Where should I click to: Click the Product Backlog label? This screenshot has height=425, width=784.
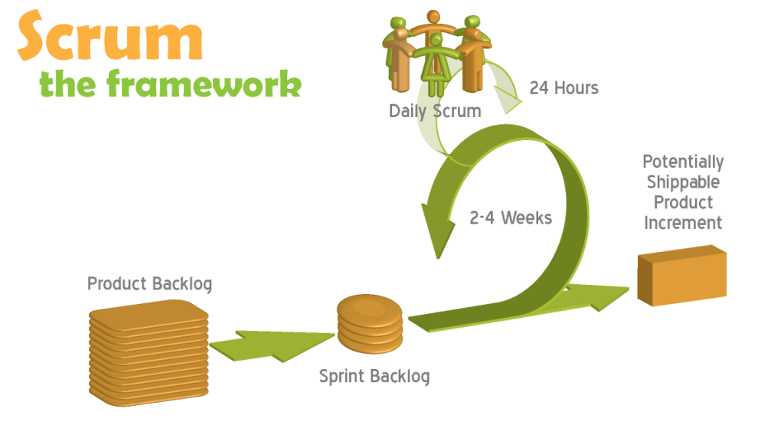[x=149, y=284]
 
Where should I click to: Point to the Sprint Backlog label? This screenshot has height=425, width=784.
[x=374, y=376]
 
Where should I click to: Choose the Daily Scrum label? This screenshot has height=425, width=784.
[x=435, y=111]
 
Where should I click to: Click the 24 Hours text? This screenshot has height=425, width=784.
[x=564, y=88]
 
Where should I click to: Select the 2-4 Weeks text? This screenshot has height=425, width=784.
[x=511, y=217]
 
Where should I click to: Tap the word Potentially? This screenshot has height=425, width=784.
[x=683, y=162]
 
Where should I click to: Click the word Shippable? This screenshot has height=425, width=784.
[x=683, y=182]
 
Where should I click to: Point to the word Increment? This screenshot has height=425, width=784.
[x=683, y=224]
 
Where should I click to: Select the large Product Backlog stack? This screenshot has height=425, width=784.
[x=149, y=348]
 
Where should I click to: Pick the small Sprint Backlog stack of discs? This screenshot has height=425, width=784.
[x=370, y=325]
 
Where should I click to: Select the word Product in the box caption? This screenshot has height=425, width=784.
[x=683, y=203]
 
